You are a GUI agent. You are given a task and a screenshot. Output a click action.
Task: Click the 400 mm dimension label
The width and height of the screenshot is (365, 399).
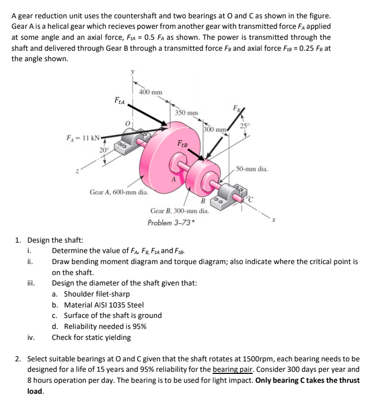151,92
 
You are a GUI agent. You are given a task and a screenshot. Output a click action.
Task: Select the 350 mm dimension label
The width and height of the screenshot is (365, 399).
186,112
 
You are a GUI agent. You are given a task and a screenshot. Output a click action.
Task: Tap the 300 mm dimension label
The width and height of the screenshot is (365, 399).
214,129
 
